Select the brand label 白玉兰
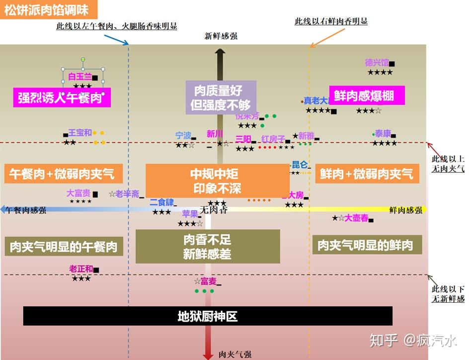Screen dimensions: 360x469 click(x=80, y=77)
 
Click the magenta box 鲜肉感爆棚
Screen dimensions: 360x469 click(x=367, y=95)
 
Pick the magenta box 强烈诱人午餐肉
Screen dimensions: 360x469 click(x=62, y=97)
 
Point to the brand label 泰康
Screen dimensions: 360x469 click(x=383, y=133)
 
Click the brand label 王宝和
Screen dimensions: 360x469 click(x=80, y=133)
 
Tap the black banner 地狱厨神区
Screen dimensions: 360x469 click(x=208, y=316)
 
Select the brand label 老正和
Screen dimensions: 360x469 click(x=81, y=269)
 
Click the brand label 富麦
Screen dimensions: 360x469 click(x=208, y=281)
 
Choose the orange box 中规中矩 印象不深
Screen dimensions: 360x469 click(x=217, y=180)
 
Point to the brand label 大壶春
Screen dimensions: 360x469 click(x=357, y=218)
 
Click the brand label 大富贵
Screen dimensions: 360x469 click(x=78, y=193)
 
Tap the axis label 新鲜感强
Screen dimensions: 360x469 click(x=221, y=36)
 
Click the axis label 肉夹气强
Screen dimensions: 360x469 click(x=235, y=355)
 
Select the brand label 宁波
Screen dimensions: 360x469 click(x=183, y=135)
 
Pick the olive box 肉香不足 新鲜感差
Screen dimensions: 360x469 click(x=207, y=246)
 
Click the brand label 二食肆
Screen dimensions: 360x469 click(x=162, y=202)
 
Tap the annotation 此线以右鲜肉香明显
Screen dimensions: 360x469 click(x=331, y=21)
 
